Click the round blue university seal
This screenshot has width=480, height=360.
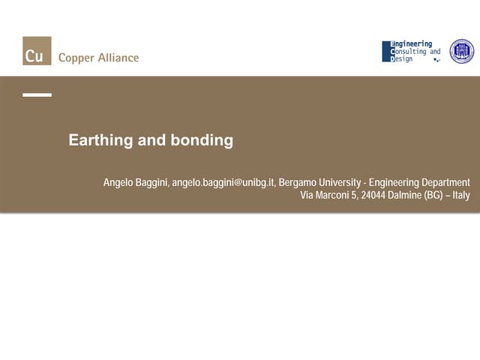coord(461,51)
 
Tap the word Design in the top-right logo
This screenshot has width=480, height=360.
coord(402,59)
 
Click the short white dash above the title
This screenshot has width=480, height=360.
coord(37,95)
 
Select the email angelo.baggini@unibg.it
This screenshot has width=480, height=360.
coord(223,183)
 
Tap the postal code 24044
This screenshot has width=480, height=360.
coord(373,196)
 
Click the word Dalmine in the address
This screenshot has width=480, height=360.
coord(405,196)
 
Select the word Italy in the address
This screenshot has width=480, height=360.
coord(460,196)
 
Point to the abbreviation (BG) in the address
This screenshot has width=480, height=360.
coord(434,196)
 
